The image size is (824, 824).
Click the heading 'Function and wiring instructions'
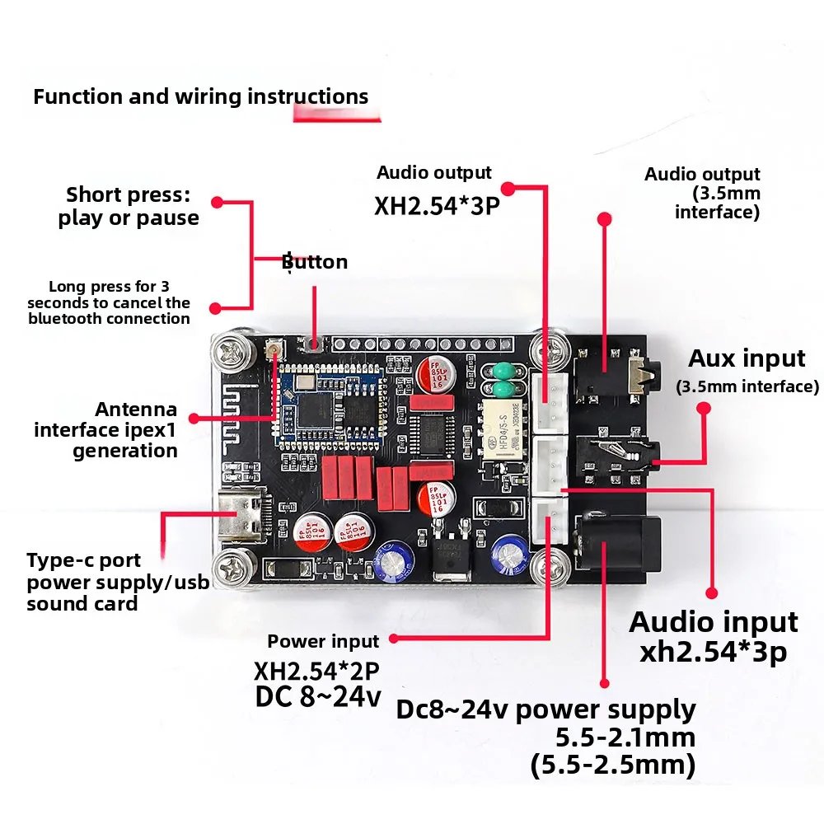[x=201, y=96]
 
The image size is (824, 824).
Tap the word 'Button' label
[x=315, y=262]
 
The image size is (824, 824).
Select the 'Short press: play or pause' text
[x=129, y=206]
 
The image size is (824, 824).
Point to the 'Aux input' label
[x=747, y=359]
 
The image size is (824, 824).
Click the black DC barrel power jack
[x=618, y=543]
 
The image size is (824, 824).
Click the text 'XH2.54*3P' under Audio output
[x=437, y=206]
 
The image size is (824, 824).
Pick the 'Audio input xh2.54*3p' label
[x=713, y=637]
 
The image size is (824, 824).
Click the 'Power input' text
[x=323, y=641]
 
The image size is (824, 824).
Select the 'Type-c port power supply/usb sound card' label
[x=118, y=582]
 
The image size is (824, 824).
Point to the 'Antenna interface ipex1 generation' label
[x=105, y=430]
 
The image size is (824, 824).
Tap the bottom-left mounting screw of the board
[x=232, y=568]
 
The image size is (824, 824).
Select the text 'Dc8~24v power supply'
[x=545, y=710]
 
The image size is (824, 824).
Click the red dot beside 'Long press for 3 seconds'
[x=215, y=308]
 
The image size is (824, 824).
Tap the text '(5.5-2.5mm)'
[x=613, y=765]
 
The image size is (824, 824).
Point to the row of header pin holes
[x=423, y=344]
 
